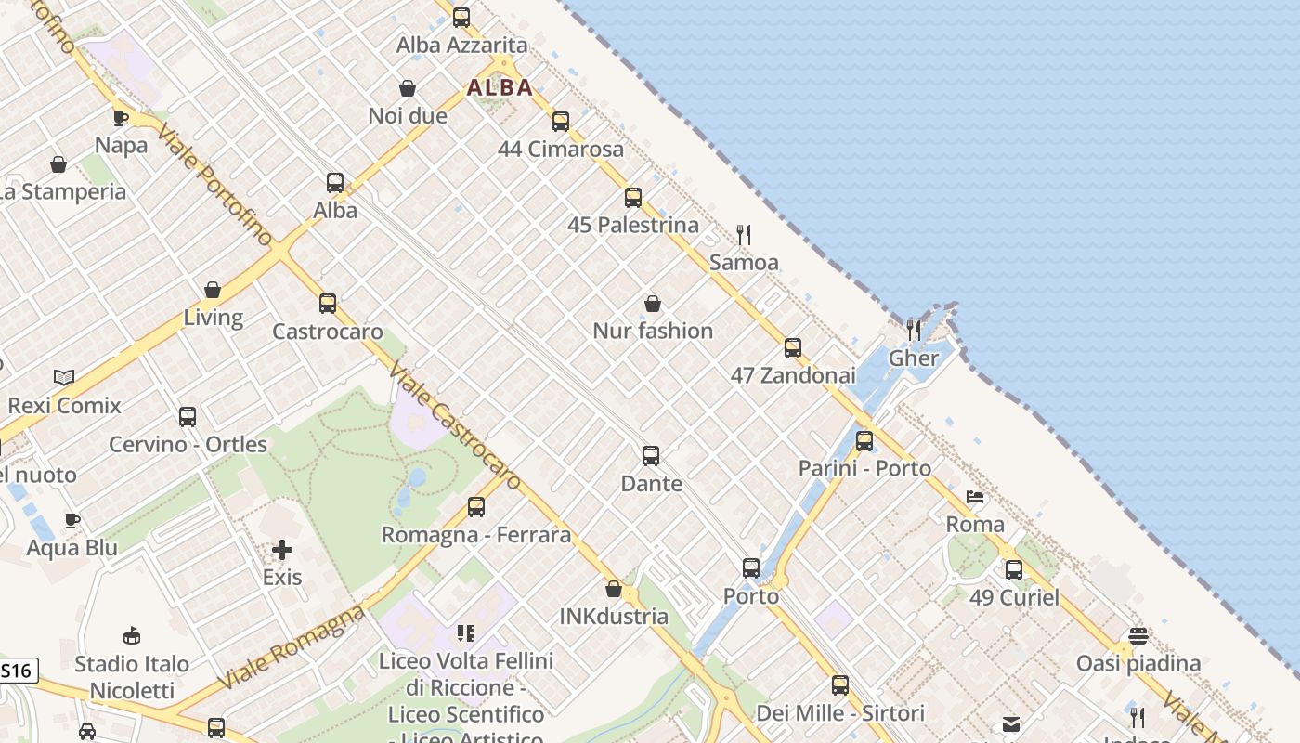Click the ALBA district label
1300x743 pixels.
point(500,87)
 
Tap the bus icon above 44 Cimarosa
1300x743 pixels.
point(560,121)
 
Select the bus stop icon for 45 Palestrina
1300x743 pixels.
point(633,197)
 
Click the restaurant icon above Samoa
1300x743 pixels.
point(743,234)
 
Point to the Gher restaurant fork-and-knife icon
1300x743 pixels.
point(914,330)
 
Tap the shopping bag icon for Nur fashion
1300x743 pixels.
point(653,304)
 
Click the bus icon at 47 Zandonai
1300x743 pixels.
point(792,347)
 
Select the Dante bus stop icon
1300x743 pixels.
point(651,455)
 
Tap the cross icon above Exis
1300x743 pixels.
point(282,550)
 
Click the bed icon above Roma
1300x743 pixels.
point(975,497)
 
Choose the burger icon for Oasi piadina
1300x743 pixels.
point(1138,636)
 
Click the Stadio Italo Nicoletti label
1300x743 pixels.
point(132,677)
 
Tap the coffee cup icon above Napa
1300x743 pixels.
point(121,117)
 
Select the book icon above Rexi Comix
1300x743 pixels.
point(64,377)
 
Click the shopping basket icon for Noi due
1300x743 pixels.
point(407,88)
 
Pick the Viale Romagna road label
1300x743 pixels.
point(292,647)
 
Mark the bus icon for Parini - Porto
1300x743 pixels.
point(864,440)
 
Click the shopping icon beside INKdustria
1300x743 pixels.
point(613,589)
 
